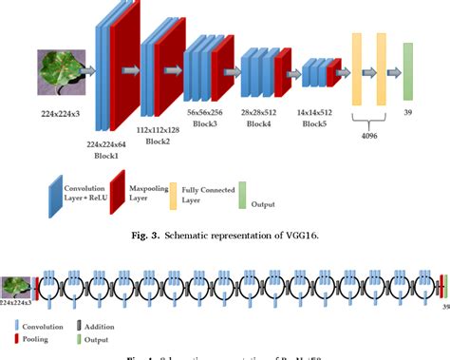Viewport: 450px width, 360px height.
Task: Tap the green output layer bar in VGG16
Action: (x=407, y=70)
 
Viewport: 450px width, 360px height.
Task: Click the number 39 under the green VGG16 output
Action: (x=407, y=110)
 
